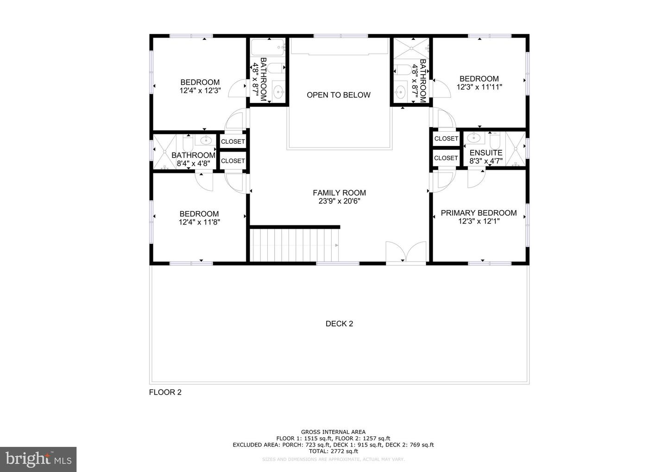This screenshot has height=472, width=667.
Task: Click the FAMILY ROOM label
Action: click(339, 193)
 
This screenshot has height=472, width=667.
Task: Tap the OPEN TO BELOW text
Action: click(339, 95)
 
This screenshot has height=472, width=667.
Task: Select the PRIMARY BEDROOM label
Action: click(478, 213)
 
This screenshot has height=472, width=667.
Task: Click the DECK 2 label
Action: click(339, 324)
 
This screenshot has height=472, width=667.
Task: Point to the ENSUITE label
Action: click(485, 153)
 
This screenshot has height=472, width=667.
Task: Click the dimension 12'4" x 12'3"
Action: click(200, 91)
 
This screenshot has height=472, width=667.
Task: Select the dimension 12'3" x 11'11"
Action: click(479, 87)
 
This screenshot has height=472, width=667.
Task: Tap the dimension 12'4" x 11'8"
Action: click(199, 222)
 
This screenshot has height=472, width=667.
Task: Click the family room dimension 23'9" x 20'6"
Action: click(339, 201)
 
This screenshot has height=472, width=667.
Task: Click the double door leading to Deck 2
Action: click(406, 253)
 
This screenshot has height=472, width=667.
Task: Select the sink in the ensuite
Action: click(473, 138)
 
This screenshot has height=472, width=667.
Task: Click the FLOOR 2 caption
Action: click(165, 392)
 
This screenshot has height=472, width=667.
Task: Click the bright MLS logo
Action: click(38, 459)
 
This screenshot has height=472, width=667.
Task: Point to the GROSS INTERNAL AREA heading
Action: click(333, 432)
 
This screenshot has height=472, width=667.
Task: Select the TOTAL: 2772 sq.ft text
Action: click(333, 451)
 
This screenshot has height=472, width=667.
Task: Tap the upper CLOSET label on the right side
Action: click(446, 139)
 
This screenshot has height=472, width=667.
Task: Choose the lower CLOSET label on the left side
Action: click(233, 161)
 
